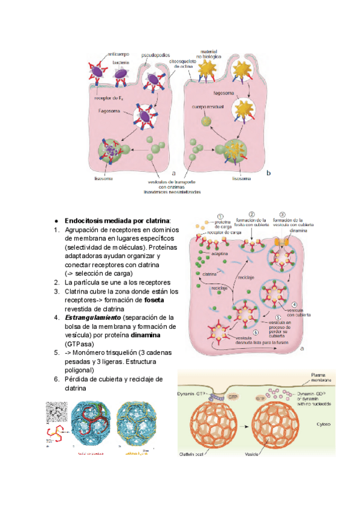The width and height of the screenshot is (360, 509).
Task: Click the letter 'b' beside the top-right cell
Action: coord(268,173)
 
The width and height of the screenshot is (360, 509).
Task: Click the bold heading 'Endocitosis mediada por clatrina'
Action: coord(118,220)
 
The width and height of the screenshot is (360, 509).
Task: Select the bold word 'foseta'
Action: coord(163,299)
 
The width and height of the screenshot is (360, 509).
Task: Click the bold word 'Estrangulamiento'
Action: coord(93,317)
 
